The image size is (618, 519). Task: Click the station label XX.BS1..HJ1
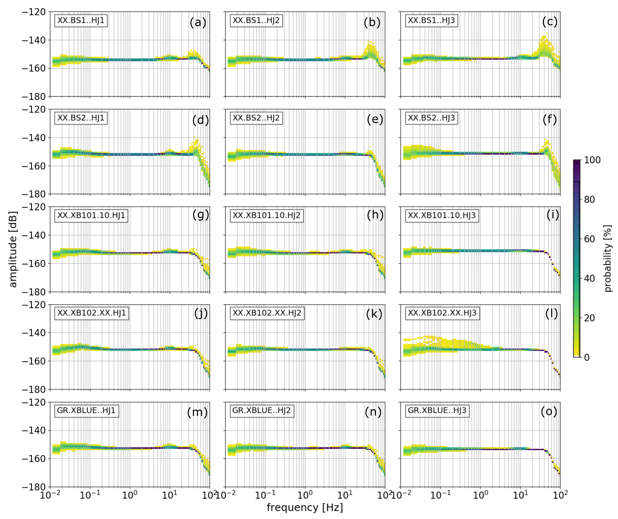[81, 20]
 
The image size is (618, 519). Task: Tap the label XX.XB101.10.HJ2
[266, 215]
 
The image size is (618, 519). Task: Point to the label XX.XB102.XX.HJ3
[442, 313]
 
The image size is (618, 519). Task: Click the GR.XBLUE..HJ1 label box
[86, 410]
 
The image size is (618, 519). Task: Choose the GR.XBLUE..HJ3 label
[437, 410]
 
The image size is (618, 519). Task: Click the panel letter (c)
[550, 22]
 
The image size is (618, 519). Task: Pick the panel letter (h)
[375, 215]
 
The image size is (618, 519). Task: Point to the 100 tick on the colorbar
[592, 160]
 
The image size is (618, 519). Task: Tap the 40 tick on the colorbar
[589, 278]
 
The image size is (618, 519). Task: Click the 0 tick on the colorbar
[586, 357]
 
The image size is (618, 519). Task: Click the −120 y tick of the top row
[34, 12]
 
